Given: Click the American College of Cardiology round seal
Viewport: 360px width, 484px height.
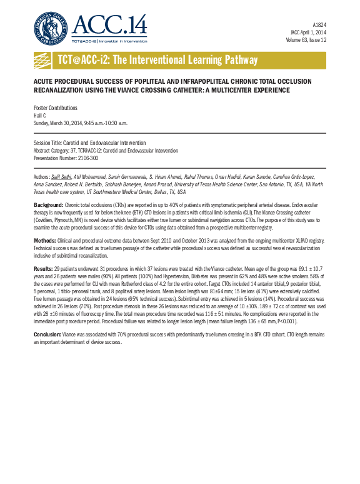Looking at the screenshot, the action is (51, 28).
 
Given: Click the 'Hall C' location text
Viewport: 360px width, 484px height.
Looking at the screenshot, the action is (40, 115).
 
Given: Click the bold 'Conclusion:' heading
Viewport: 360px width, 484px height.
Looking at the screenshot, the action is (47, 335).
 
